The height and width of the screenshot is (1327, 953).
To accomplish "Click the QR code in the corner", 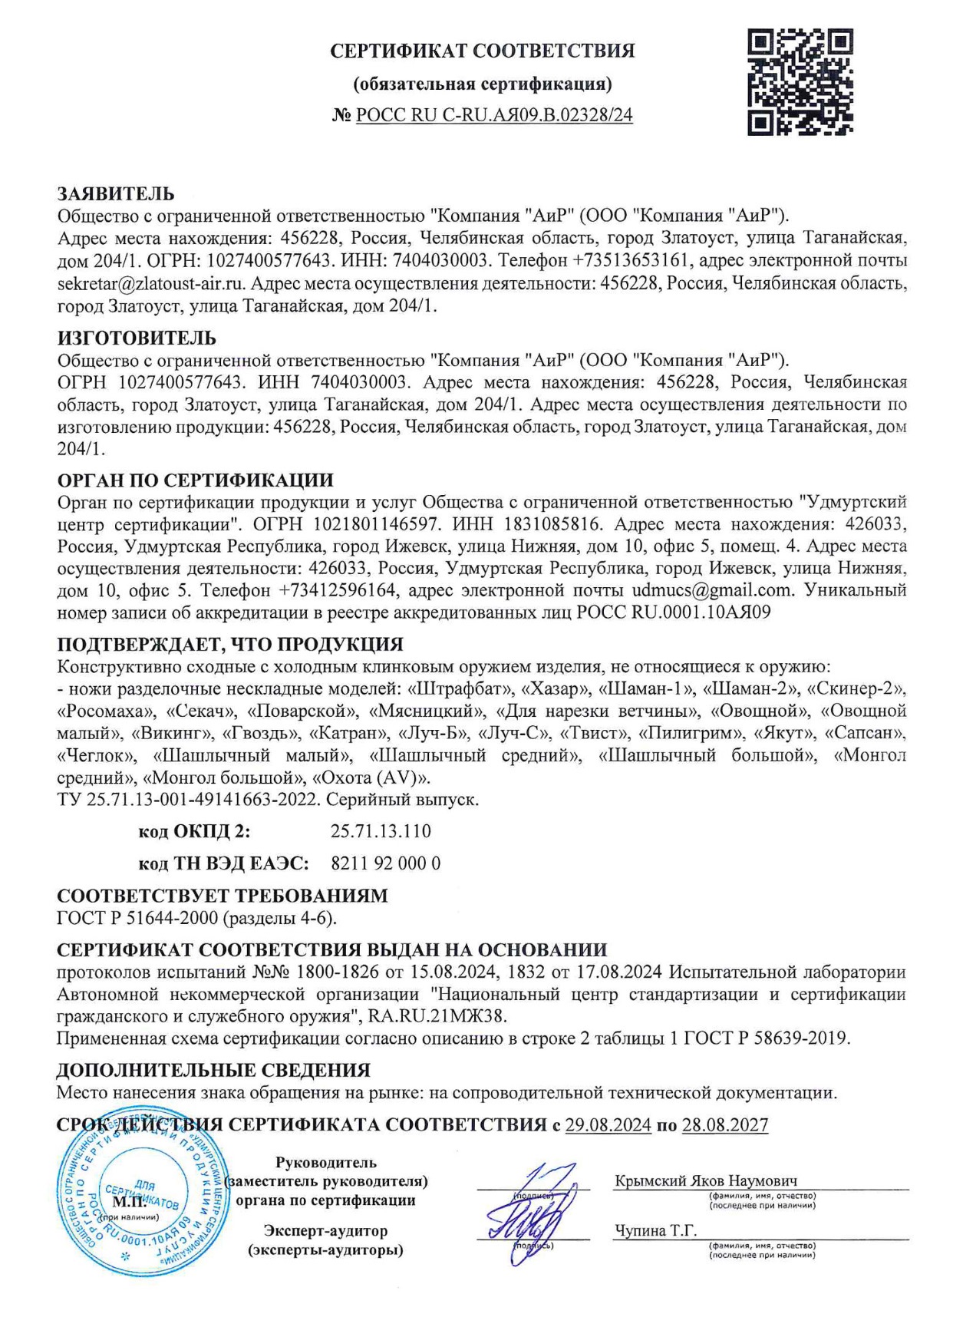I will click(800, 82).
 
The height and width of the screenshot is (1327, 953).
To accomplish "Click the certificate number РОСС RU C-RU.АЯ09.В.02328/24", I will click(494, 116).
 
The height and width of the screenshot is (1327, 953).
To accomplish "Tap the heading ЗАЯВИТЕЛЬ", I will click(116, 193).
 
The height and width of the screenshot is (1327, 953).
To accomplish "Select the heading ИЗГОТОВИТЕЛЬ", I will click(137, 338).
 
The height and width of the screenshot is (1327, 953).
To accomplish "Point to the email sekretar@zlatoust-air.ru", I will click(152, 283).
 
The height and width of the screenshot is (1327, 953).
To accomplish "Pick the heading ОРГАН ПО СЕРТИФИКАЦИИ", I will click(196, 480).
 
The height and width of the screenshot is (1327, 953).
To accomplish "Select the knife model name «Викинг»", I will click(173, 733).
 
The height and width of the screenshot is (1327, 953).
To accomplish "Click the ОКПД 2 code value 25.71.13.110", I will click(381, 831).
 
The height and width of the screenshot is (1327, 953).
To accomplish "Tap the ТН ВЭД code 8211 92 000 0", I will click(385, 863).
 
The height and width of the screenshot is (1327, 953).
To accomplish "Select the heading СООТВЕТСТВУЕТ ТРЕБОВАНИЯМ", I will click(223, 896).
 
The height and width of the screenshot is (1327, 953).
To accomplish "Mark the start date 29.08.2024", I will click(608, 1125).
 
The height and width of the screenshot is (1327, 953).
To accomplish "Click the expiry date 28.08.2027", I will click(724, 1125).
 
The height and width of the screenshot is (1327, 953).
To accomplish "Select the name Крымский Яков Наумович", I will click(705, 1180).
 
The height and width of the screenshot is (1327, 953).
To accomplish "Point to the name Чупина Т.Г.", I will click(655, 1230).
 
